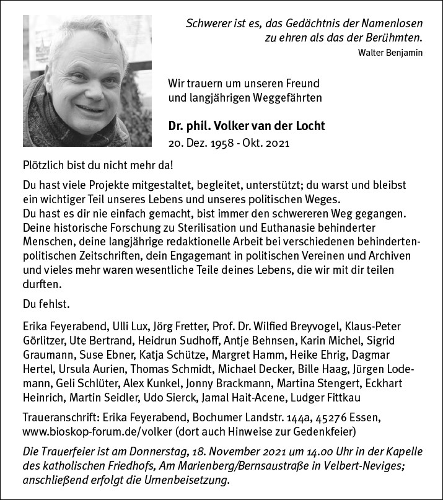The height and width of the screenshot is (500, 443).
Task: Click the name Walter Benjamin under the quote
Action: pos(390,53)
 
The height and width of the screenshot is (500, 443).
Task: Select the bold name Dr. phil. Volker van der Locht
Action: pos(247,126)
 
